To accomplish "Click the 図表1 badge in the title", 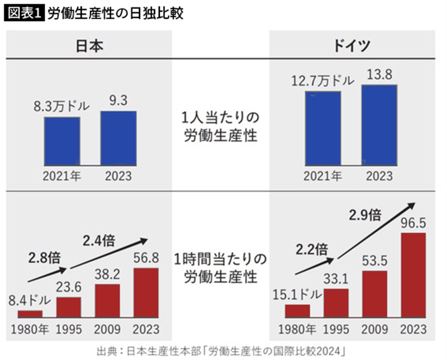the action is tap(24, 13).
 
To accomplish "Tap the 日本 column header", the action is tap(89, 46).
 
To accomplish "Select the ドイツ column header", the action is tap(352, 45).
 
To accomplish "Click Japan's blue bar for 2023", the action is tap(118, 138).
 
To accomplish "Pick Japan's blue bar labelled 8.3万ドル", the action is tap(62, 141).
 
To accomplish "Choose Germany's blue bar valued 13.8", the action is tap(379, 125).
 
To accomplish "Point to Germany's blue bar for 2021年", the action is tap(323, 128).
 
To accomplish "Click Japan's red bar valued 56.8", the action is tap(146, 293).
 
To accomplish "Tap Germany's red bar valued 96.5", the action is tap(413, 275).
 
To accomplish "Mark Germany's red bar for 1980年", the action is tap(297, 311).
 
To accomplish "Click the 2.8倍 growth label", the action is tap(44, 258).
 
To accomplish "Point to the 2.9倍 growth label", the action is tap(365, 215).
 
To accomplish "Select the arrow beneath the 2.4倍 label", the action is tap(109, 254).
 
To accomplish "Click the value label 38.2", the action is tap(107, 275).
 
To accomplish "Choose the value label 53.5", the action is tap(375, 261).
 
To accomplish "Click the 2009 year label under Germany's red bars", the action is tap(375, 329).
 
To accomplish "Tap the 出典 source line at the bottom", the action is tap(221, 351).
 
